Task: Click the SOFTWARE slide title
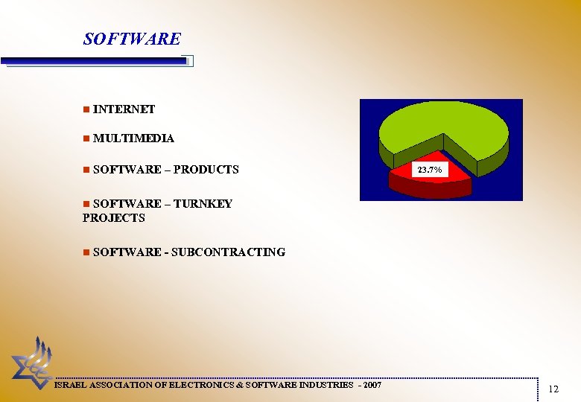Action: point(132,39)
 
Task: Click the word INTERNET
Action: point(124,109)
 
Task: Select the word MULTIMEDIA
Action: point(134,138)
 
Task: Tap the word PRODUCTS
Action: point(206,170)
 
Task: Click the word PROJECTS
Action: point(114,218)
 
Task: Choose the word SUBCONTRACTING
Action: point(228,252)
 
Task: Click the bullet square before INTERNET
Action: point(86,109)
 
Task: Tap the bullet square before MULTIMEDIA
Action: point(86,138)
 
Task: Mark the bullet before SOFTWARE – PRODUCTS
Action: point(86,170)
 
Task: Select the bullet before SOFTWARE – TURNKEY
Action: point(86,203)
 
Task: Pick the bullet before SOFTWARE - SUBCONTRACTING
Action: point(86,252)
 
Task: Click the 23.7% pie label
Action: point(430,170)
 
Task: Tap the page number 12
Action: point(553,389)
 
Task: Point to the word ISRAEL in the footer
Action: point(71,385)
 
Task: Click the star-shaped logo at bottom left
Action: point(31,361)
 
